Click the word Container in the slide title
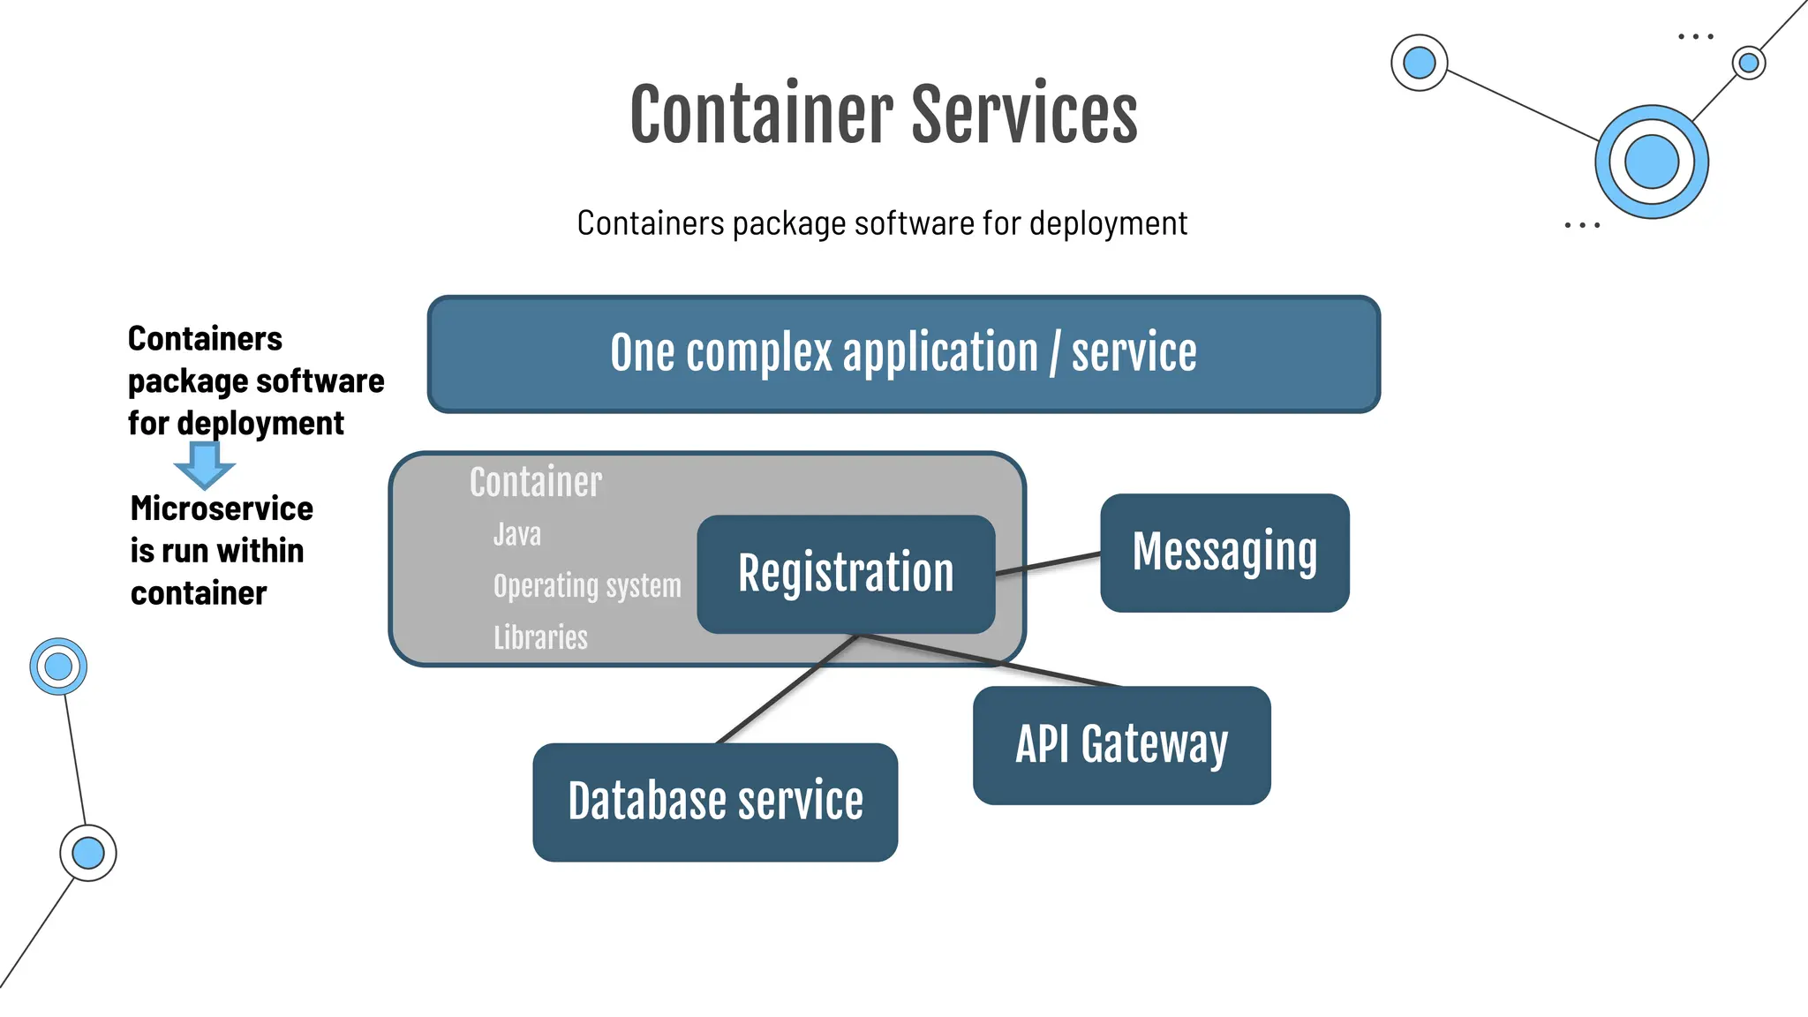click(x=761, y=115)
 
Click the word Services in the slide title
click(x=1024, y=115)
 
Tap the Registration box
click(x=846, y=573)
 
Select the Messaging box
click(x=1224, y=553)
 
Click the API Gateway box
click(x=1121, y=745)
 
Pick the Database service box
click(x=715, y=802)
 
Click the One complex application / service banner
click(x=903, y=354)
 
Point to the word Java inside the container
click(x=517, y=535)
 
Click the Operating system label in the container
click(x=587, y=586)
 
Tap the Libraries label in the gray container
click(x=540, y=637)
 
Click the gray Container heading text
click(x=536, y=483)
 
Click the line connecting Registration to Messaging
click(x=1048, y=564)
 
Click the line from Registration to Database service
click(x=786, y=689)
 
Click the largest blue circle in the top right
click(x=1651, y=162)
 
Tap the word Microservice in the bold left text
click(x=222, y=509)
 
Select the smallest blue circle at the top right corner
click(x=1748, y=63)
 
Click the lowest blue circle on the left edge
click(x=88, y=853)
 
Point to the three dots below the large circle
click(x=1581, y=226)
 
